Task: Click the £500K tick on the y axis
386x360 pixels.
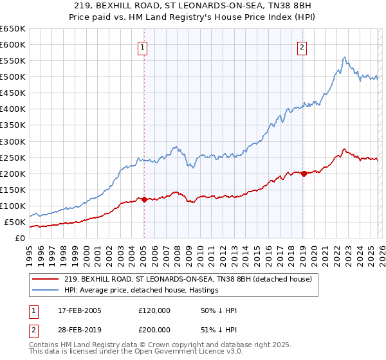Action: coord(13,77)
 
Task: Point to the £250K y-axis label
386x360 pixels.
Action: coord(13,157)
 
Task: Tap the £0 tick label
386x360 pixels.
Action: coord(20,239)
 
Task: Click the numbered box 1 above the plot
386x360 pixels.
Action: coord(142,46)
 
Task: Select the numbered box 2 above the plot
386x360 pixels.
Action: coord(301,46)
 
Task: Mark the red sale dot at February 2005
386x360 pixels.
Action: coord(144,199)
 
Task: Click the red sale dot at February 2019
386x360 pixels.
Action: coord(304,174)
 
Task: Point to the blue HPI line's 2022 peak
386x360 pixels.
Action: coord(345,57)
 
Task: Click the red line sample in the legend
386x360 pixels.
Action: coord(46,279)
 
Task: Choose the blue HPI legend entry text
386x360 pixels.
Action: coord(142,290)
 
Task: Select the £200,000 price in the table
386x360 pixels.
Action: coord(154,329)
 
